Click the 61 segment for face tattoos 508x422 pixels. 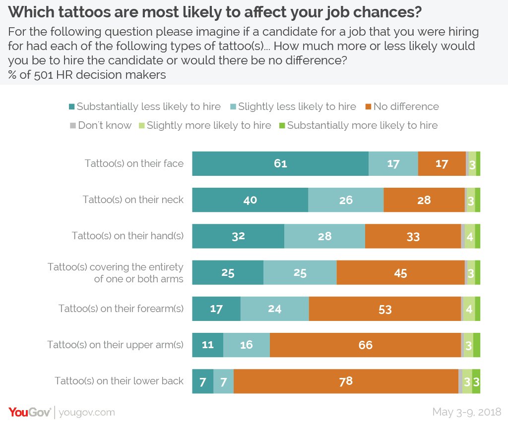tap(280, 163)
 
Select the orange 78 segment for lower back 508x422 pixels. tap(346, 381)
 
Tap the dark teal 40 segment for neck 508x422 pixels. tap(250, 200)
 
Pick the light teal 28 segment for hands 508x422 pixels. tap(324, 236)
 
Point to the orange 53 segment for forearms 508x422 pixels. tap(385, 309)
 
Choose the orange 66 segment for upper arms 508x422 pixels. tap(366, 345)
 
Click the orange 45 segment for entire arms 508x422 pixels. tap(400, 273)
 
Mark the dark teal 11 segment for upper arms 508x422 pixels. tap(207, 345)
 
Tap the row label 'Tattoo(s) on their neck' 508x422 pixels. tap(133, 200)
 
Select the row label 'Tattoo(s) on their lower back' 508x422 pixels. tap(119, 381)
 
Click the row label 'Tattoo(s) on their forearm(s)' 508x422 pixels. tap(121, 309)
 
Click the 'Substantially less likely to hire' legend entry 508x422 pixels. tap(146, 106)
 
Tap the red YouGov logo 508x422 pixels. tap(30, 412)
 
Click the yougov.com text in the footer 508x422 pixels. tap(87, 412)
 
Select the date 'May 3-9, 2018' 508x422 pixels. tap(467, 412)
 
